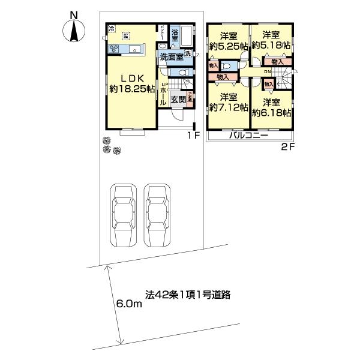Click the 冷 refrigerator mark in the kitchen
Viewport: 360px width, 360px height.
[111, 28]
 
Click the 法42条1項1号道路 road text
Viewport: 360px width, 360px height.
[188, 295]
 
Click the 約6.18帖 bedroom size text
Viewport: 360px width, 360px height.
[272, 112]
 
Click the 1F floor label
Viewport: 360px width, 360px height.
[192, 136]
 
